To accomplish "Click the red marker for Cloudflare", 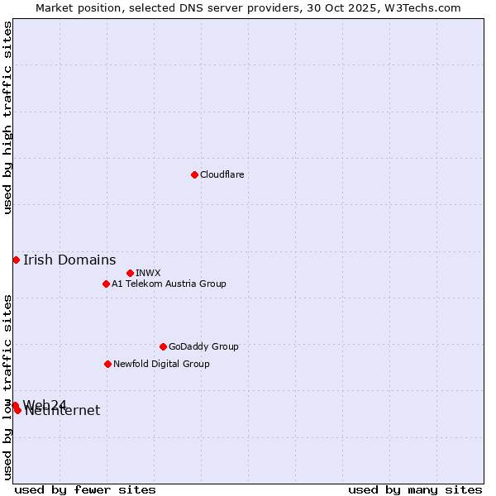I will pos(194,174).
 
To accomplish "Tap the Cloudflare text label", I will pos(222,174).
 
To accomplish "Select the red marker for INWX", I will pos(131,273).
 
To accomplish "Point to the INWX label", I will pos(148,273).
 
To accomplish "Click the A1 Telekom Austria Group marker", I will pos(106,284).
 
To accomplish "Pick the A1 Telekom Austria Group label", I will pos(169,284).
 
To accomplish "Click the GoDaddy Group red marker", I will pos(163,346).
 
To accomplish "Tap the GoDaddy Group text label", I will pos(203,346).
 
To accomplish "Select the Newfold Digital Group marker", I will pos(107,364).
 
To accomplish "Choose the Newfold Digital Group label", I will pos(161,364).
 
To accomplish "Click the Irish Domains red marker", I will pos(16,260).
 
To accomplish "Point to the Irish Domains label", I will pos(69,260).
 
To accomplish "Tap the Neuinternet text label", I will pos(63,412).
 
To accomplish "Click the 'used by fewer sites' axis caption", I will pos(85,489).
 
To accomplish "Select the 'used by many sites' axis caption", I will pos(415,489).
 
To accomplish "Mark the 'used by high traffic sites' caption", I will pos(7,117).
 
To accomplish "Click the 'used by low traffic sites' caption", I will pos(7,386).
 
